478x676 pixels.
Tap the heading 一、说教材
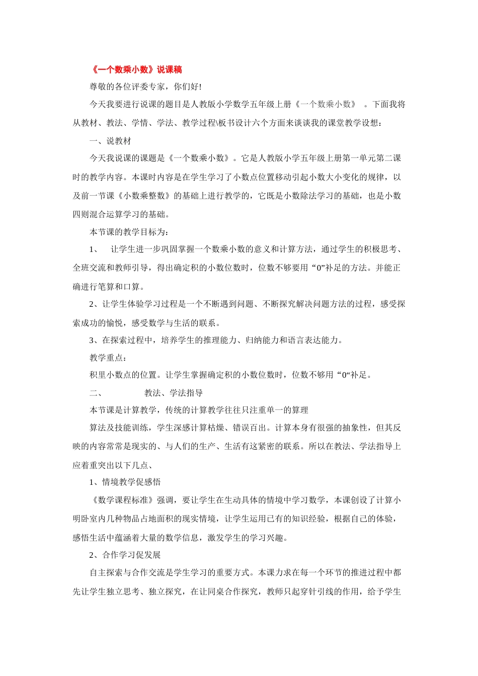110,141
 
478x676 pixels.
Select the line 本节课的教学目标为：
129,232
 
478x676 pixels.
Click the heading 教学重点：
108,358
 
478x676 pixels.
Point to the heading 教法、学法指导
174,393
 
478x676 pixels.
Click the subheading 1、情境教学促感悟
125,482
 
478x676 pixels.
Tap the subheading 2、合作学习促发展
125,555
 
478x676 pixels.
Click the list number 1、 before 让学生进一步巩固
94,249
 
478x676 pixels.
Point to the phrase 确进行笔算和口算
108,287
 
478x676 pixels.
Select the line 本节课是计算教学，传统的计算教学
199,410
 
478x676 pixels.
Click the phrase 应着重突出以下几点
113,465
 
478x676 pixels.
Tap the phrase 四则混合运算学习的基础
121,214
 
